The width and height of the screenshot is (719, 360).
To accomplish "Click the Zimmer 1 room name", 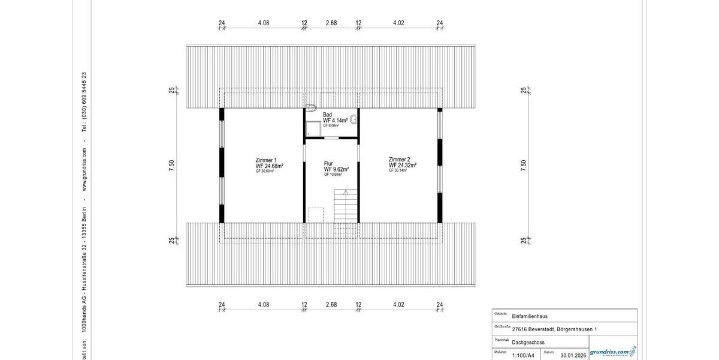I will click(266, 160).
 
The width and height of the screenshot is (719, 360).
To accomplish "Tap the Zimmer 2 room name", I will click(399, 159).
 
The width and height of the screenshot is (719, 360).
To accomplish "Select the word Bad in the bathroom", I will click(327, 115).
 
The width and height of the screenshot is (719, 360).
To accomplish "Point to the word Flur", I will click(328, 163).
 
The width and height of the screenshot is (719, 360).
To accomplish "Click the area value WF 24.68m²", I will click(270, 166).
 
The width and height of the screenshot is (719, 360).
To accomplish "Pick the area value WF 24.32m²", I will click(403, 165).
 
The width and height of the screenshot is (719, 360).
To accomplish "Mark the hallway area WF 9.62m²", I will click(336, 169).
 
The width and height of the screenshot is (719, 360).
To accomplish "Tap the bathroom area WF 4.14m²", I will click(336, 121).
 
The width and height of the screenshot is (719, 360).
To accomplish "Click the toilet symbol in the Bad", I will click(310, 109).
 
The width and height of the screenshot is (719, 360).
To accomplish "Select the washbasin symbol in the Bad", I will click(354, 119).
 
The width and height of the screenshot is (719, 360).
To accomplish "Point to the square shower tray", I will click(313, 128).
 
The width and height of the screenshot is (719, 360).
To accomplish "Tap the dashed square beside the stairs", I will click(315, 214).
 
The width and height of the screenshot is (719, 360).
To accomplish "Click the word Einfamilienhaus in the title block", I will click(530, 316).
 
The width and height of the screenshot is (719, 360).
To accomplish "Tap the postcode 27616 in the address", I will click(521, 329).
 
